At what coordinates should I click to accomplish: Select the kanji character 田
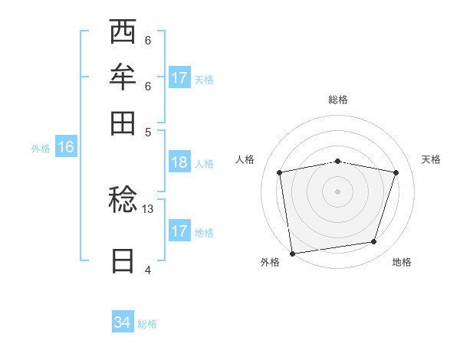tap(123, 122)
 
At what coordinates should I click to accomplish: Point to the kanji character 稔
tap(123, 201)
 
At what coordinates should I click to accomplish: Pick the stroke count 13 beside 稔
tap(148, 208)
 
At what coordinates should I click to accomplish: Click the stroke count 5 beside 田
tap(148, 132)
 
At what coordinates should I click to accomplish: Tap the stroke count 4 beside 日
tap(148, 270)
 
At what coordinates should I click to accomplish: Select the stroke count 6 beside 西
tap(148, 41)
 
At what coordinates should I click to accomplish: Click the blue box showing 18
tap(179, 162)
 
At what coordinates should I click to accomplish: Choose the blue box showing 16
tap(65, 148)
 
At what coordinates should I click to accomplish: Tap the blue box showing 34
tap(122, 322)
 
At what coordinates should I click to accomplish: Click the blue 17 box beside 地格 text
tap(179, 231)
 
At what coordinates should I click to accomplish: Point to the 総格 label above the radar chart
tap(338, 100)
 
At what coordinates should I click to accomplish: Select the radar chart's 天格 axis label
tap(432, 159)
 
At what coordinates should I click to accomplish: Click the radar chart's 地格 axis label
tap(402, 262)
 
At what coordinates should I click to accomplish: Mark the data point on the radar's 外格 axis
tap(292, 253)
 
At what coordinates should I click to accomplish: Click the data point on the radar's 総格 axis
tap(338, 161)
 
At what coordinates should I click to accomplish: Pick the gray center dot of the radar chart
tap(338, 191)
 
